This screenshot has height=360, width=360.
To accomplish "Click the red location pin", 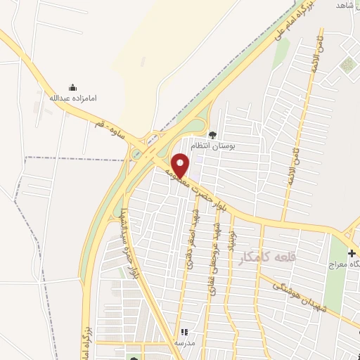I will tap(181, 165).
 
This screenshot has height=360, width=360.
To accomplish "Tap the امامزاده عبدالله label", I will tap(72, 98).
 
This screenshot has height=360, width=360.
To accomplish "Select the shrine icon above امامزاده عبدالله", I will tap(72, 88).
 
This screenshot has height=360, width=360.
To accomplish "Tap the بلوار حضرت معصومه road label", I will tap(196, 188).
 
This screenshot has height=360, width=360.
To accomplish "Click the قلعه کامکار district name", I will tap(268, 257).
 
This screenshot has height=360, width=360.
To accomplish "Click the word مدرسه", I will tap(184, 342).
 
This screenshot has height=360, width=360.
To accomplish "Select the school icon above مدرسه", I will tap(184, 332).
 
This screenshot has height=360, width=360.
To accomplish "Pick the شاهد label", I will tap(342, 5).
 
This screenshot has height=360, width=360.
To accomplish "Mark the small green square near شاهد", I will tap(347, 65).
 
